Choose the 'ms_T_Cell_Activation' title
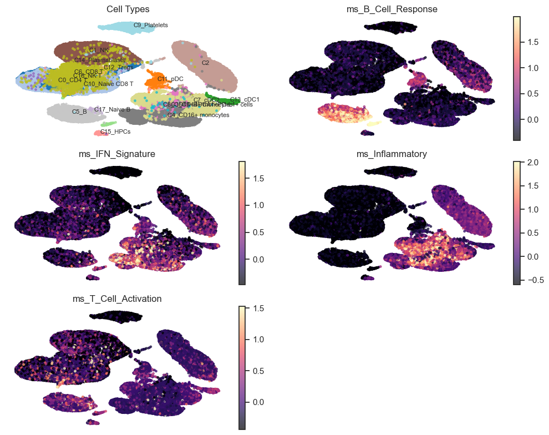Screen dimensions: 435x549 pos(117,299)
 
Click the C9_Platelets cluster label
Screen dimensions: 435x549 pos(151,25)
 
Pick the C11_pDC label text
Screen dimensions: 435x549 pos(170,79)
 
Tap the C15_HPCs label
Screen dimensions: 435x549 pos(115,131)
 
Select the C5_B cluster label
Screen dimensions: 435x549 pos(79,112)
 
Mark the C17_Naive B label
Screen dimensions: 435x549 pos(112,109)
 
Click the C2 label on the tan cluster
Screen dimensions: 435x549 pos(205,63)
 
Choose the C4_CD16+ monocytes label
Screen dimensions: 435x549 pos(198,115)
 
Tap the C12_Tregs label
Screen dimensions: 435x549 pos(118,67)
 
